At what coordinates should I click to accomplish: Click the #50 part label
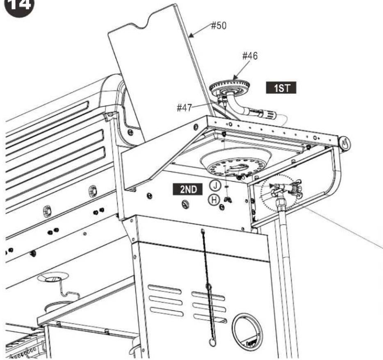(x=219, y=25)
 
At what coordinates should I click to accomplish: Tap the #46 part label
(x=250, y=56)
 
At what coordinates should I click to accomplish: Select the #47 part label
(x=185, y=107)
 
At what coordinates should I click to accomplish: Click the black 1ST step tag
(x=281, y=88)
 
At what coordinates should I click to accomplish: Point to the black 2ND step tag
(x=188, y=189)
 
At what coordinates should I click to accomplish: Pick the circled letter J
(x=215, y=185)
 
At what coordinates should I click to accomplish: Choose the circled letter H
(x=214, y=200)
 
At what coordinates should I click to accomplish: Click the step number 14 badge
(x=20, y=6)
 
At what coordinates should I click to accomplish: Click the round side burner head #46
(x=230, y=88)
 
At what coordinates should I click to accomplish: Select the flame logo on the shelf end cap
(x=344, y=144)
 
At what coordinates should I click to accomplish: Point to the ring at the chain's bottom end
(x=212, y=343)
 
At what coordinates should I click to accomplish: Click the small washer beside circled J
(x=226, y=187)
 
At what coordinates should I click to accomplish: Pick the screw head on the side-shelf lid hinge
(x=131, y=132)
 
